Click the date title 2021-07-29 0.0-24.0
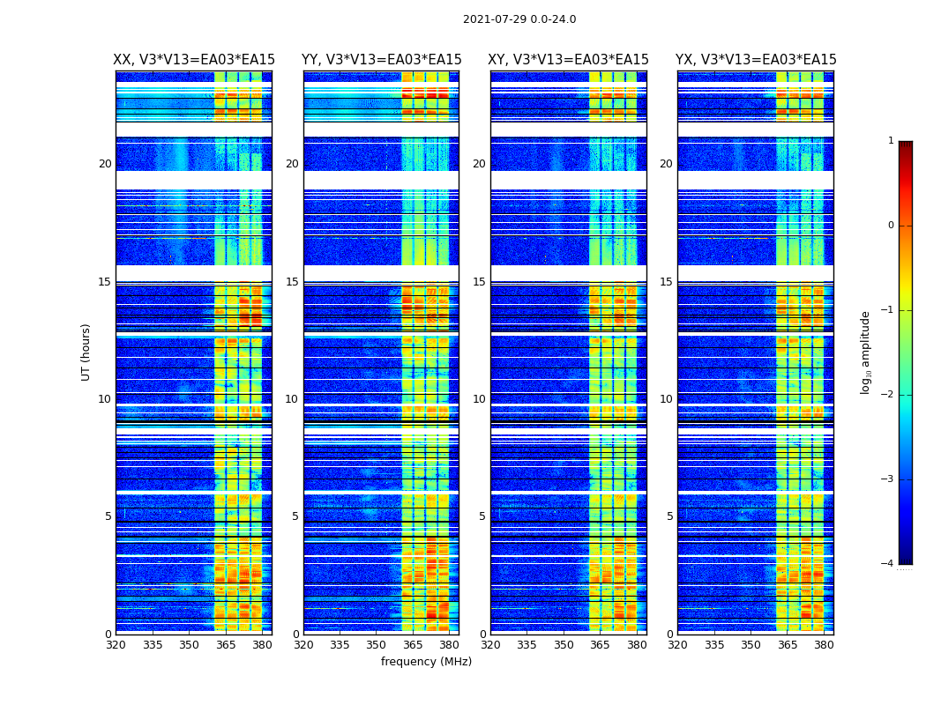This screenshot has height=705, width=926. point(519,19)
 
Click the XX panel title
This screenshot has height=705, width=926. point(194,60)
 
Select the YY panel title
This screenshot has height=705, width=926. point(381,60)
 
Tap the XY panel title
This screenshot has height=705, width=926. point(569,60)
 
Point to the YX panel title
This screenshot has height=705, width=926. point(756,60)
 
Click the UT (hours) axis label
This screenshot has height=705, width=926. point(86,352)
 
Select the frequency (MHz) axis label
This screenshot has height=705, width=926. point(426,662)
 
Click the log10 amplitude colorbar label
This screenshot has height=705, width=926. point(866,352)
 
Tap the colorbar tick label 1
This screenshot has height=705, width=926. point(891,141)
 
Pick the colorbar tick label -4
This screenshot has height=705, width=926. point(889,564)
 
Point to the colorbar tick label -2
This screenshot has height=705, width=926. point(889,395)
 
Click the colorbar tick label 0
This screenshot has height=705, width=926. point(891,226)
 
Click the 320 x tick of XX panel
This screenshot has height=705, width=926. point(116,644)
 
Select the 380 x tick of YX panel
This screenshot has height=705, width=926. point(824,644)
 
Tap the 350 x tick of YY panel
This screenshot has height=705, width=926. point(377,644)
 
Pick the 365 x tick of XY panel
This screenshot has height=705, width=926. point(600,644)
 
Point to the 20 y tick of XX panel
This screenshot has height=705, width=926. point(105,164)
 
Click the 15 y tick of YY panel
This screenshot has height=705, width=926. point(292,282)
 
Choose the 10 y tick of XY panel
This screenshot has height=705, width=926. point(479,399)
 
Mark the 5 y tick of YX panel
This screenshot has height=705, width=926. point(669,516)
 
